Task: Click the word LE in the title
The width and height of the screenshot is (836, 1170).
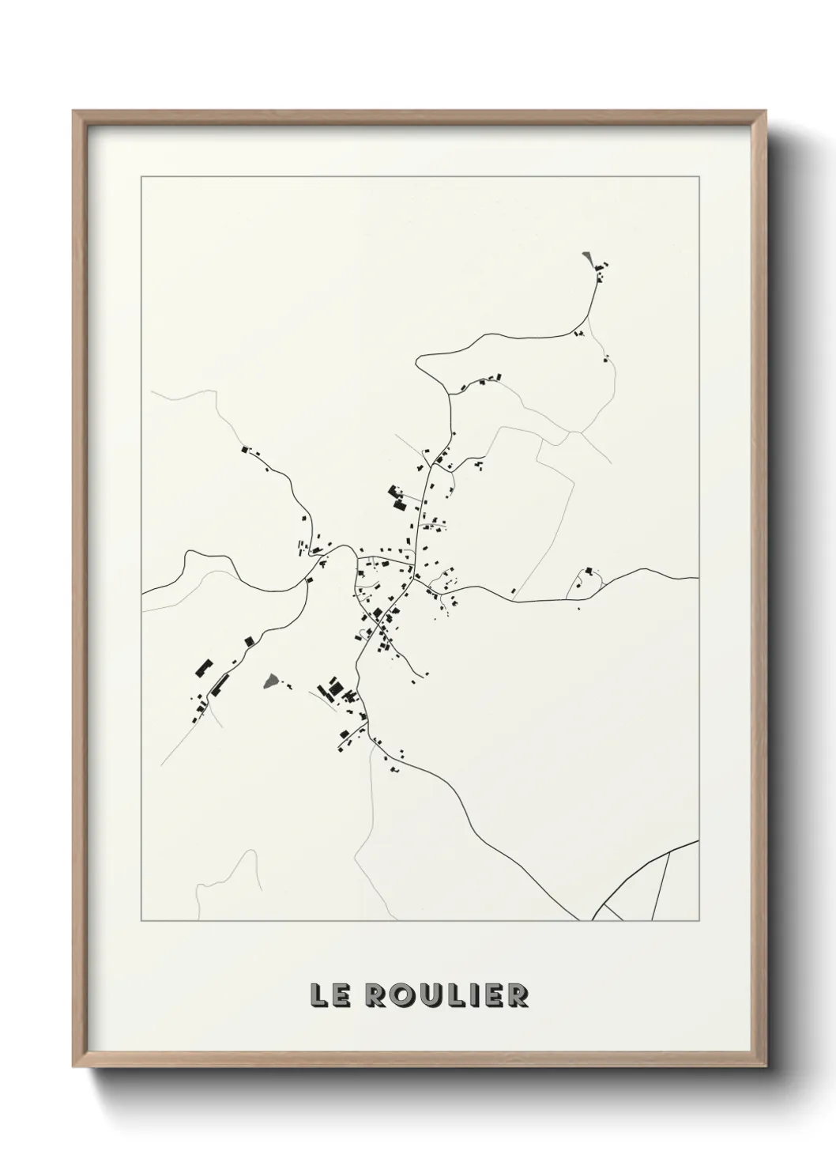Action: [329, 995]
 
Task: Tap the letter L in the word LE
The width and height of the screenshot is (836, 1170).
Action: [318, 995]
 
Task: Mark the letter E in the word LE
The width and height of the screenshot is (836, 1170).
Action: [340, 995]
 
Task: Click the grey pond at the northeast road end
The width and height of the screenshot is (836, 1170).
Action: [586, 259]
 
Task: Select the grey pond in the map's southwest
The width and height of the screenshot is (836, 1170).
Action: [271, 680]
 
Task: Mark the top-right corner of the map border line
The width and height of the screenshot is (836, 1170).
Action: [699, 177]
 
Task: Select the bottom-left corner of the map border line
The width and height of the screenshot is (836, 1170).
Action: [141, 921]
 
